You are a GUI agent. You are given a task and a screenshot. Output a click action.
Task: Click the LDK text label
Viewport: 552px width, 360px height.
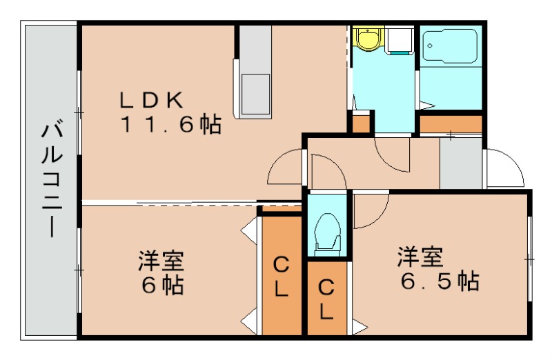[151, 100]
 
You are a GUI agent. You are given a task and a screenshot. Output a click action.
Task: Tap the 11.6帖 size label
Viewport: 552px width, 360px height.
[171, 125]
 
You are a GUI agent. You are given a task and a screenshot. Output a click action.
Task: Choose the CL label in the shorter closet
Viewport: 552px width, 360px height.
[327, 299]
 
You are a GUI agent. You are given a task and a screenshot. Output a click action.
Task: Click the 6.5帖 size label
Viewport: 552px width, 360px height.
[440, 281]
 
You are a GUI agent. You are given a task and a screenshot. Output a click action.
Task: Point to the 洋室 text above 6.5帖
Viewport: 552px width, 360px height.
[419, 258]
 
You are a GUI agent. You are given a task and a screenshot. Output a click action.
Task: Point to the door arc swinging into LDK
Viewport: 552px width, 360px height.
[284, 169]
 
